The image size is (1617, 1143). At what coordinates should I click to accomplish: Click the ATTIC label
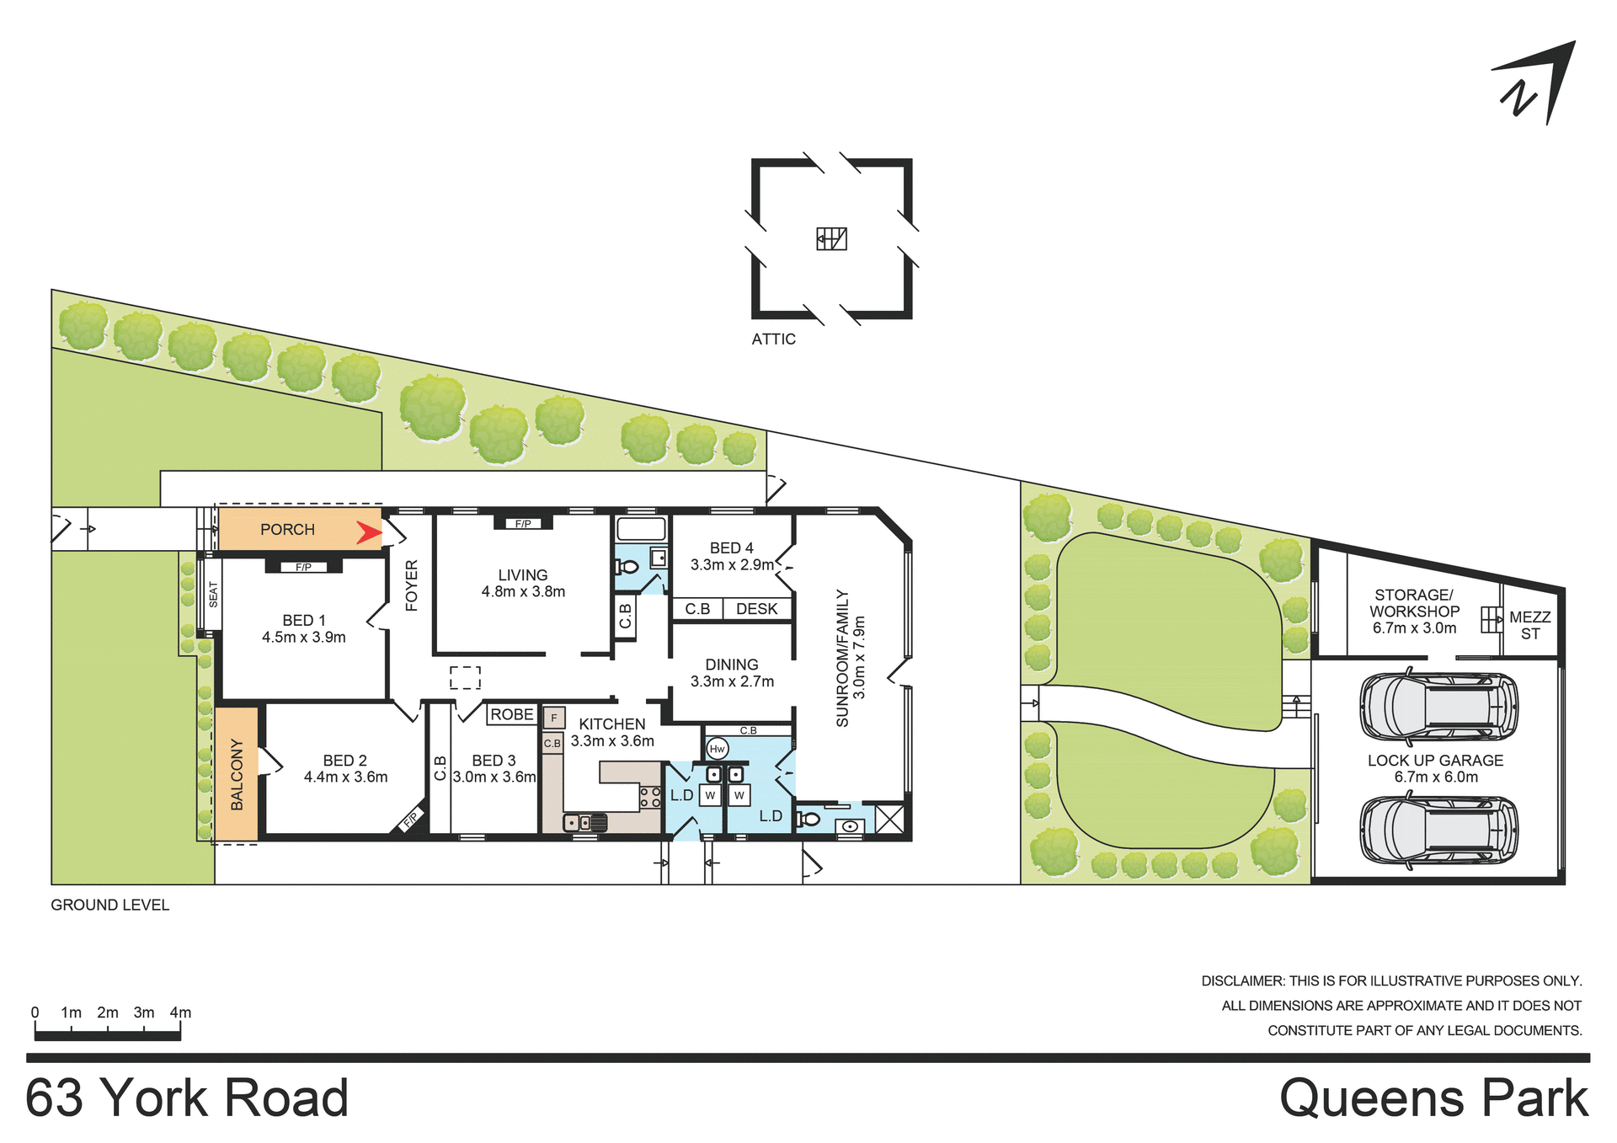773,339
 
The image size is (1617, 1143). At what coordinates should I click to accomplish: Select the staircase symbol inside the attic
831,239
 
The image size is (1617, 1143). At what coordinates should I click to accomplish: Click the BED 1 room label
303,620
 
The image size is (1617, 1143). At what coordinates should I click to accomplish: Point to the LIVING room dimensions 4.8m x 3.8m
523,592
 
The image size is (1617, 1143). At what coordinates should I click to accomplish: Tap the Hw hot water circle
718,748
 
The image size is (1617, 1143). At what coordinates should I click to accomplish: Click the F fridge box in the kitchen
553,718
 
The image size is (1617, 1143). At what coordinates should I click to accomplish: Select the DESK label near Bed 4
756,609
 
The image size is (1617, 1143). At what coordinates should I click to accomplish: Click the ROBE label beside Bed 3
512,714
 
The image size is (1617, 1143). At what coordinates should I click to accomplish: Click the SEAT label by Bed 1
213,594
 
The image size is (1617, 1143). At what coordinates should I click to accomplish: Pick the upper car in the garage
1438,706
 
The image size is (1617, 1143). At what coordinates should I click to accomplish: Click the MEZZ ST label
1529,625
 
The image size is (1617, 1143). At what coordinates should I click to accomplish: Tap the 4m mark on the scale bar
180,1013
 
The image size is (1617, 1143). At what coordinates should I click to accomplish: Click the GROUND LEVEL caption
109,905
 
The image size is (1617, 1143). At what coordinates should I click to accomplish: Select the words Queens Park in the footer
1433,1098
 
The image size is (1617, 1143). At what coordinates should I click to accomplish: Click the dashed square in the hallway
465,677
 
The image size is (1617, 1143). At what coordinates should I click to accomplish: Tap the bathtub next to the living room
641,529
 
